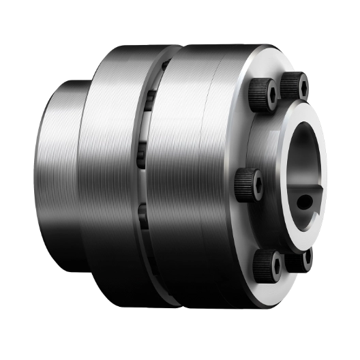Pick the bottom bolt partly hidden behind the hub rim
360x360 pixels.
pos(305,258)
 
